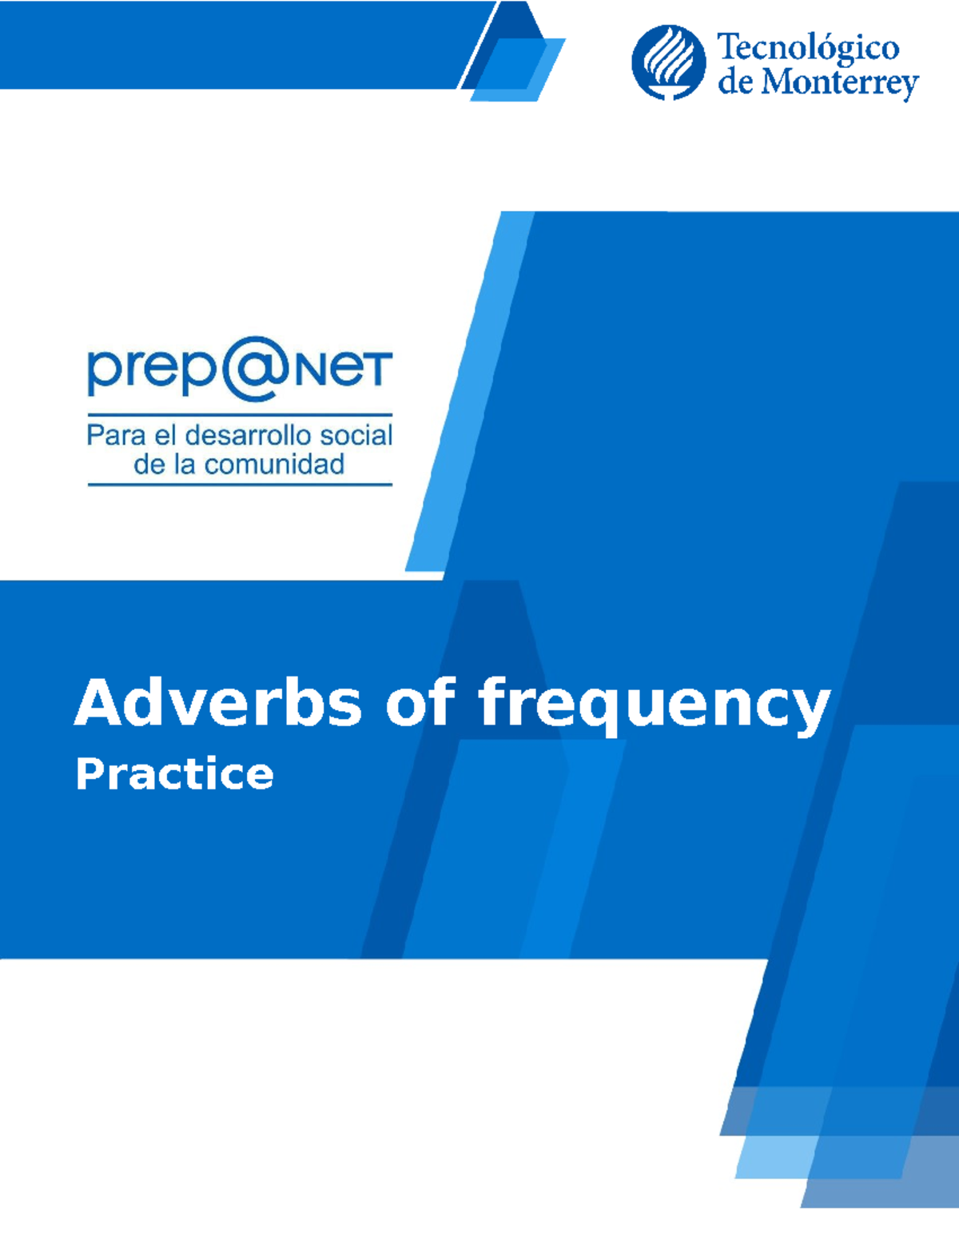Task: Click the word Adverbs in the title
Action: pos(218,703)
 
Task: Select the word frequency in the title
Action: pos(654,705)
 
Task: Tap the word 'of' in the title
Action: pos(420,703)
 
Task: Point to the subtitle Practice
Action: pos(175,774)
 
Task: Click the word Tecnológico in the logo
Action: pos(808,49)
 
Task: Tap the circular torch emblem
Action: pos(668,62)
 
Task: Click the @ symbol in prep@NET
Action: pos(251,369)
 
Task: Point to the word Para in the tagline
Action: pos(116,435)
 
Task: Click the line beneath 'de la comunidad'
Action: pos(240,484)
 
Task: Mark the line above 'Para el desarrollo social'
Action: pos(240,415)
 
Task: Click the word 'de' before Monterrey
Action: pos(734,82)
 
